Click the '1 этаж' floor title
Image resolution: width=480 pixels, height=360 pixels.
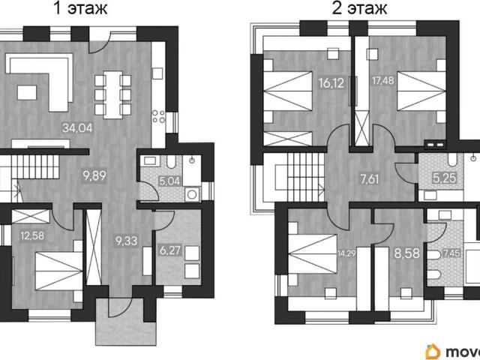(x=80, y=8)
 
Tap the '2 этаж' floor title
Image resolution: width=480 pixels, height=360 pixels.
(x=360, y=8)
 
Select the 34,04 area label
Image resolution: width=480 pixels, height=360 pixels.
(x=77, y=127)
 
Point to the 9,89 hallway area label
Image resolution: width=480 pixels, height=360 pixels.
(x=94, y=175)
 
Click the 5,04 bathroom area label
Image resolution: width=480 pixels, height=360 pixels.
(x=169, y=181)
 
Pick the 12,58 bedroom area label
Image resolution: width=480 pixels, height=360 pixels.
(x=32, y=235)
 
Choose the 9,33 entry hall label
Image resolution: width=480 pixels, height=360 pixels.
(x=127, y=241)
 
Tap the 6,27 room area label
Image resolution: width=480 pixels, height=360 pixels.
(x=170, y=250)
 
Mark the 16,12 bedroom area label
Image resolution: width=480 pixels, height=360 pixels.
(x=331, y=83)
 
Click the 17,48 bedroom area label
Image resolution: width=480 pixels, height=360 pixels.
(x=382, y=80)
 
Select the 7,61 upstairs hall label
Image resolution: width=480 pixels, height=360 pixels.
(x=370, y=179)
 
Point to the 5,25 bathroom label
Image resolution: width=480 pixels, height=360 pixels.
(x=445, y=178)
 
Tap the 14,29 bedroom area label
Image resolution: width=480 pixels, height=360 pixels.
(x=346, y=253)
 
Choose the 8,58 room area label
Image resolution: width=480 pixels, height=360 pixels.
(x=406, y=253)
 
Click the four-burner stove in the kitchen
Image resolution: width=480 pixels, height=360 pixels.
(x=159, y=116)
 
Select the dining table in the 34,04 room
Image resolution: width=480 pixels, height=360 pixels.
(x=113, y=95)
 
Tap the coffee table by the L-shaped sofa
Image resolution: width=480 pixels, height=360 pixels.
(x=27, y=92)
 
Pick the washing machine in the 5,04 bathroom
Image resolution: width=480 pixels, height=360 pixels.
(x=193, y=195)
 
